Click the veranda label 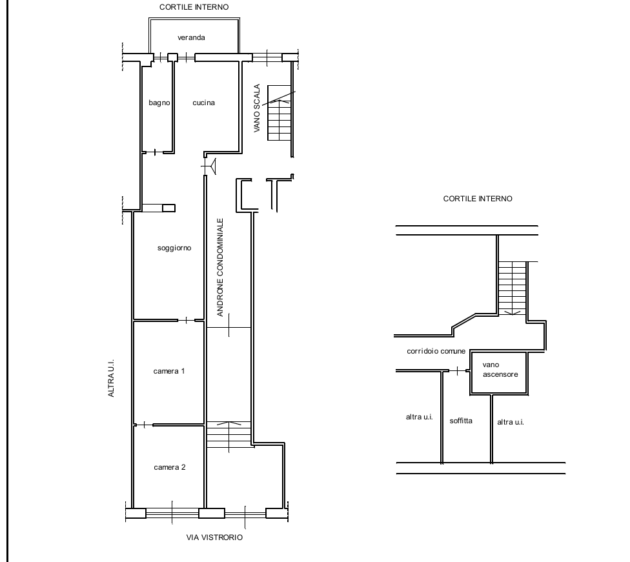pos(191,37)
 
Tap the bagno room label pos(159,103)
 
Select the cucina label pos(204,103)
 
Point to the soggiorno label pos(174,248)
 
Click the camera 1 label pos(169,371)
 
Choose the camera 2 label pos(170,467)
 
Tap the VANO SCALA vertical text pos(257,108)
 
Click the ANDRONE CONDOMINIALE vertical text pos(219,268)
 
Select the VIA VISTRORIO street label pos(214,537)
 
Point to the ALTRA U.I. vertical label pos(111,378)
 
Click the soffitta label pos(461,421)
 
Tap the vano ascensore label pos(500,370)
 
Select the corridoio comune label pos(436,351)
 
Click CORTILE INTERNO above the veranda pos(194,7)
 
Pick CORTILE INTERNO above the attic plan pos(478,199)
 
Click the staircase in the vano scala pos(279,113)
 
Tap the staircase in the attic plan pos(513,288)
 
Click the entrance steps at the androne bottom pos(229,435)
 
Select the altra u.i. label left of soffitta pos(419,417)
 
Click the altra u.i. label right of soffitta pos(511,422)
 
